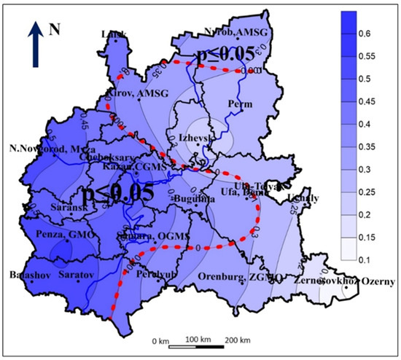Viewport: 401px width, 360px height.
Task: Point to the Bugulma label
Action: click(191, 198)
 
